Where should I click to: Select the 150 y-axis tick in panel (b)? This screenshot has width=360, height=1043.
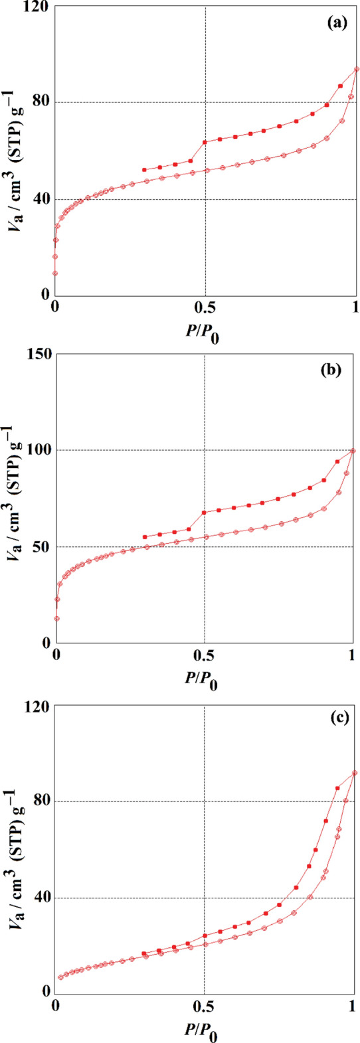pyautogui.click(x=39, y=354)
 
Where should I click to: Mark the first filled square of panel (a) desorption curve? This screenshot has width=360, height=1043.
pyautogui.click(x=144, y=170)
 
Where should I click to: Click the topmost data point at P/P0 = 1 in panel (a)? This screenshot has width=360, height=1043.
pyautogui.click(x=357, y=68)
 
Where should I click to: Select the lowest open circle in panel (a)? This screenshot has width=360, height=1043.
pyautogui.click(x=56, y=273)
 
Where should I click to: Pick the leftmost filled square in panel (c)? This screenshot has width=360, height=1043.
pyautogui.click(x=143, y=953)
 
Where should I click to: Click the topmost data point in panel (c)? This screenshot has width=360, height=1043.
pyautogui.click(x=355, y=773)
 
